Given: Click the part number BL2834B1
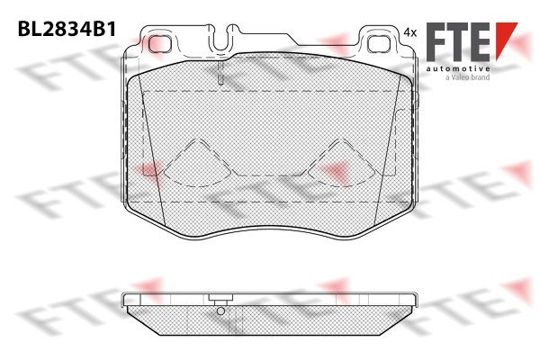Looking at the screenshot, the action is tap(67, 29).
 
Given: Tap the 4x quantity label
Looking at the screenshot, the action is tap(409, 32).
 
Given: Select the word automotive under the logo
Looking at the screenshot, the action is tap(458, 68).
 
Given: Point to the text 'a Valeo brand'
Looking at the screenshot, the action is tap(467, 77).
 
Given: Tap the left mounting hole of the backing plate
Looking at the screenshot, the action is tap(160, 44).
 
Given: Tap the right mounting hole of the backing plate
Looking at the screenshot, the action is tap(379, 44).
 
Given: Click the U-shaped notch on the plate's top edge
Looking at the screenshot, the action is tap(221, 39).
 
